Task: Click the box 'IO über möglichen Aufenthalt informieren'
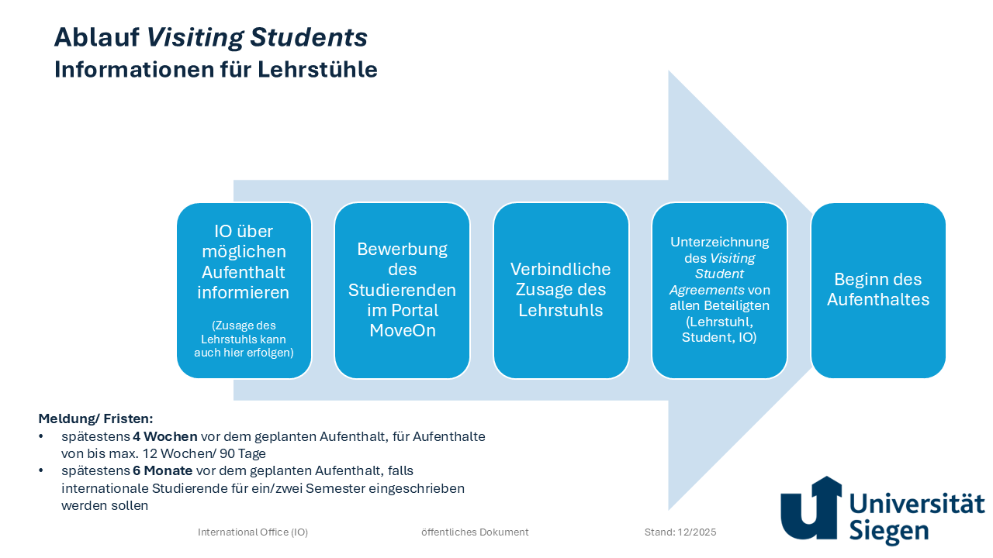click(244, 291)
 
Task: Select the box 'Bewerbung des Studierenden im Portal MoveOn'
click(402, 291)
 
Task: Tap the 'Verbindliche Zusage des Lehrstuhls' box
click(561, 291)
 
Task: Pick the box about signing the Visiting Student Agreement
click(719, 291)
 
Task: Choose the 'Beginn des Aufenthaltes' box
click(878, 291)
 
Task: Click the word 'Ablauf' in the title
click(97, 37)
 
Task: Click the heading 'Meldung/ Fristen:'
click(95, 418)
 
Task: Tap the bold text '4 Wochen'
click(165, 436)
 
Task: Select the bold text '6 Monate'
click(163, 471)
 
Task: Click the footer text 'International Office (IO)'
click(253, 532)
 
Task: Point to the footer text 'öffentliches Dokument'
click(475, 532)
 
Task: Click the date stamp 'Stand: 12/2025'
click(680, 532)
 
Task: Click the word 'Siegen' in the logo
click(889, 531)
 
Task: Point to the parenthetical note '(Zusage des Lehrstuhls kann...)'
click(244, 339)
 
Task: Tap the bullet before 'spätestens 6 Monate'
click(42, 471)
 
